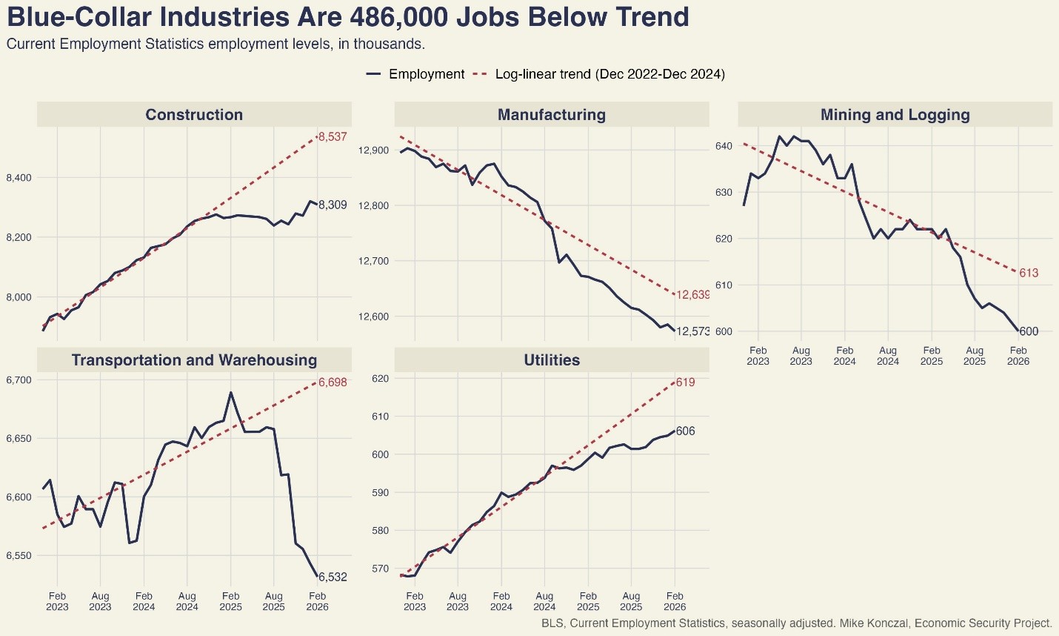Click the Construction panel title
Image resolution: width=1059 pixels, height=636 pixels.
[x=194, y=115]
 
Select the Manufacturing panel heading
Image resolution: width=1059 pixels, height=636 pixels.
[x=552, y=115]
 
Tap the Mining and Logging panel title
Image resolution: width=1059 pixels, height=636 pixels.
[x=895, y=115]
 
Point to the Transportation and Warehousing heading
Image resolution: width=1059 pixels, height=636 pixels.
[x=194, y=360]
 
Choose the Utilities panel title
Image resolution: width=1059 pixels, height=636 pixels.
[x=552, y=360]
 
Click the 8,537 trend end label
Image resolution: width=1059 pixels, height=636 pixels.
[x=333, y=137]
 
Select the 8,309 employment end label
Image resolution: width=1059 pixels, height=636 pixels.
[x=333, y=205]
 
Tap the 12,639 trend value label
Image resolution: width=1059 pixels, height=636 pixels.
[x=693, y=295]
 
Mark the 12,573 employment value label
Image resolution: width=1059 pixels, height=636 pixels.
[x=693, y=331]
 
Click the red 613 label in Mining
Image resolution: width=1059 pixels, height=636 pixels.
[x=1029, y=274]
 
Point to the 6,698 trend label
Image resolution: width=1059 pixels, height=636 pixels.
[x=333, y=382]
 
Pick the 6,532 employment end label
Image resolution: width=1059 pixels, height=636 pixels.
[x=333, y=577]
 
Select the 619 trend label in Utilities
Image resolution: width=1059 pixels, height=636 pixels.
[x=685, y=382]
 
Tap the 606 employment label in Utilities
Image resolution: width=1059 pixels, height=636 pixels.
[x=685, y=431]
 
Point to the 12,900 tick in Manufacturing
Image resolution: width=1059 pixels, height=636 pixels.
[x=373, y=150]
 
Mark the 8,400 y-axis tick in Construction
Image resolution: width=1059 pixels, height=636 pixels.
[x=19, y=178]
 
